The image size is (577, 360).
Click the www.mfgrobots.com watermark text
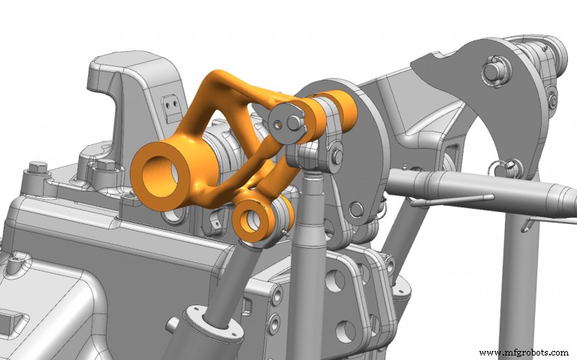524,352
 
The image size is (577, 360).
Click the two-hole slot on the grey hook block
174,101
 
